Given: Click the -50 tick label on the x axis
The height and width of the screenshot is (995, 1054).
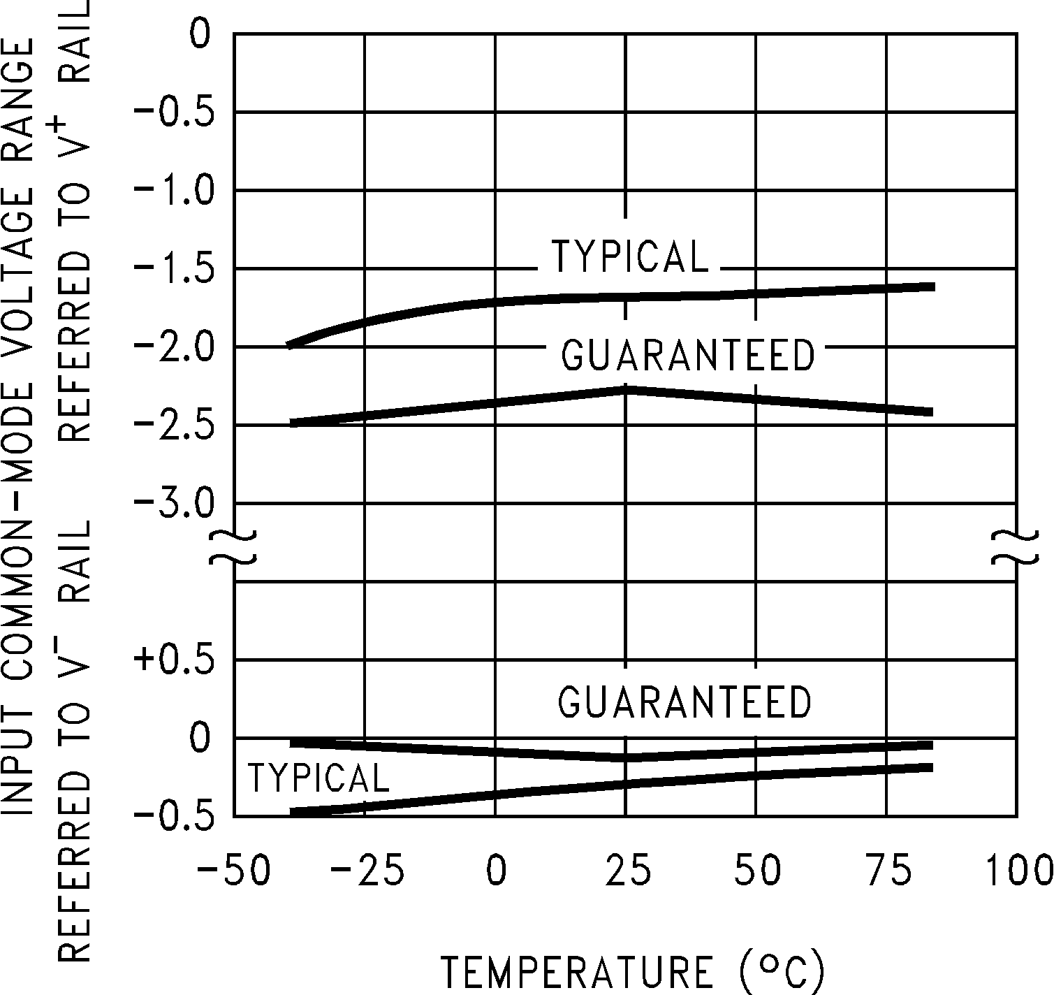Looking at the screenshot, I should (233, 871).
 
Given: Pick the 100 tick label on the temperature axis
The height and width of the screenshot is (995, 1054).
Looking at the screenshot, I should (1018, 871).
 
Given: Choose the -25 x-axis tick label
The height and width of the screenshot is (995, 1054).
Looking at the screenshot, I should (365, 871).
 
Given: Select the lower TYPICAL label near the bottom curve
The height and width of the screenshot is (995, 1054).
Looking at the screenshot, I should (319, 778).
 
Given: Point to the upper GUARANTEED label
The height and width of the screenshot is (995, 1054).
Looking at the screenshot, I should (688, 355).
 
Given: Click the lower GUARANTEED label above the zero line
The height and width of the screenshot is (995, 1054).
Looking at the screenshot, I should (685, 701).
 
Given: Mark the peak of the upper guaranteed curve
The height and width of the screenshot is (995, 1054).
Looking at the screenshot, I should (626, 388).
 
